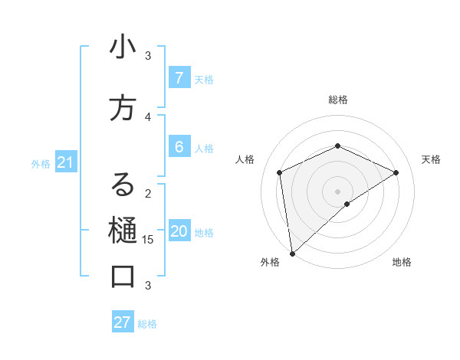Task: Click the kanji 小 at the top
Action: coord(123,48)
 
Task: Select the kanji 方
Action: coord(123,109)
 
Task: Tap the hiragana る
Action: coord(123,185)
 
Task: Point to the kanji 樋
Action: coord(123,231)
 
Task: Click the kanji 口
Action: coord(123,276)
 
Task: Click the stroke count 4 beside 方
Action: coord(148,116)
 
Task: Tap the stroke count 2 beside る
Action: coord(148,193)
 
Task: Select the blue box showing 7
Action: coord(179,78)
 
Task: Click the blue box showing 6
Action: coord(179,147)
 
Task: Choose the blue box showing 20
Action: coord(179,231)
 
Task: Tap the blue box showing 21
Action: coord(64,162)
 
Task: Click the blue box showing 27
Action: coord(123,322)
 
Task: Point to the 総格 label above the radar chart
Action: coord(338,100)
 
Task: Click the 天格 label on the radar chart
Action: coord(431,159)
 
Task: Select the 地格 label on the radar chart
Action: coord(402,262)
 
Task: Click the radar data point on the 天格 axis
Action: coord(396,172)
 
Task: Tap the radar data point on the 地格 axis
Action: coord(347,204)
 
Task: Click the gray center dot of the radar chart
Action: coord(338,191)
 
